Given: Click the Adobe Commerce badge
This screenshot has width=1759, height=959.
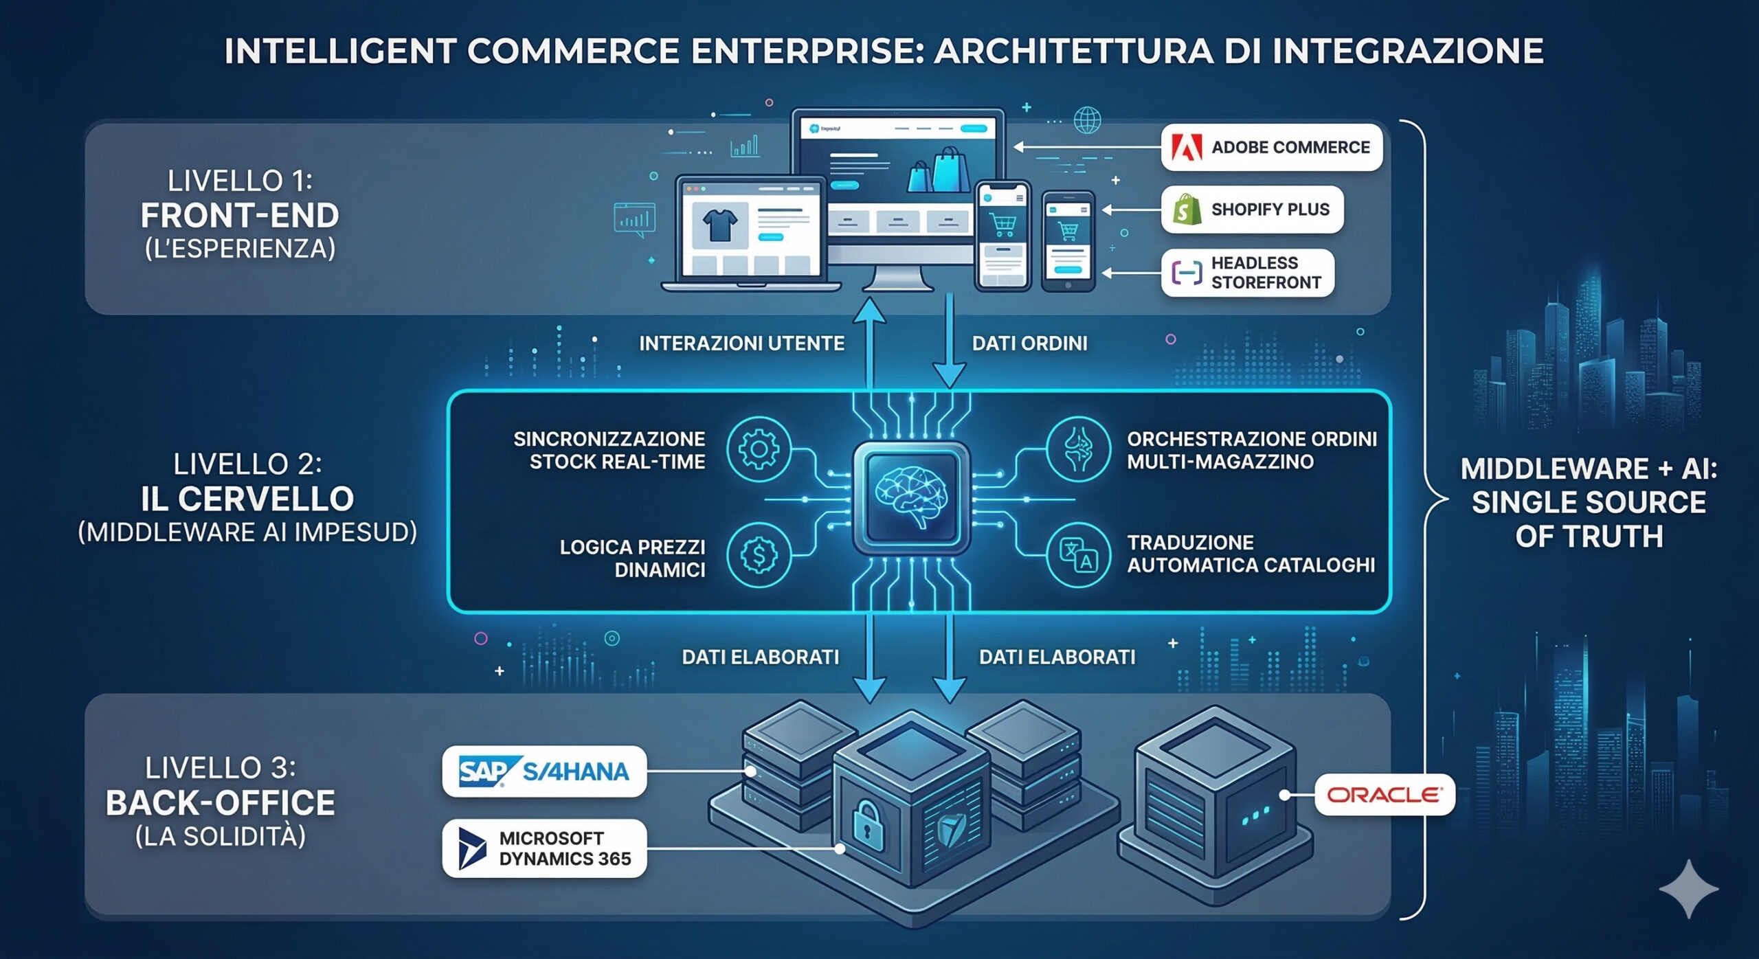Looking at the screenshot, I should pyautogui.click(x=1271, y=147).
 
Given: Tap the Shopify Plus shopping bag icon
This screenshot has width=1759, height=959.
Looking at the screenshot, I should pyautogui.click(x=1187, y=210).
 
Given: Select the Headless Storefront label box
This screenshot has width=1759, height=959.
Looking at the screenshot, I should pyautogui.click(x=1248, y=273).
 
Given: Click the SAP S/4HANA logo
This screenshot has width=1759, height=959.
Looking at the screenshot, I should pyautogui.click(x=544, y=771).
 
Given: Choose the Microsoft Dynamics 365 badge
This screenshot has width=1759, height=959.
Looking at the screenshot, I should pyautogui.click(x=544, y=848).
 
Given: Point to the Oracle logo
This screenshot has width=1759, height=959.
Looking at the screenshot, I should pyautogui.click(x=1384, y=795).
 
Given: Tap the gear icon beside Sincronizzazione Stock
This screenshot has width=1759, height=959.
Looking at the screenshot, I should pyautogui.click(x=759, y=449).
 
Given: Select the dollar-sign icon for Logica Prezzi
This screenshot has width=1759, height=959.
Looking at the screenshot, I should pyautogui.click(x=759, y=555).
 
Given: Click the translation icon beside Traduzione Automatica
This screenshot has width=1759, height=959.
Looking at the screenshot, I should pyautogui.click(x=1077, y=555).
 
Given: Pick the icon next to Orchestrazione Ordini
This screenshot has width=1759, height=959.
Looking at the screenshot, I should pyautogui.click(x=1077, y=449).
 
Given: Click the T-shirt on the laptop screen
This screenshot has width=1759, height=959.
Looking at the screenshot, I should pyautogui.click(x=719, y=224).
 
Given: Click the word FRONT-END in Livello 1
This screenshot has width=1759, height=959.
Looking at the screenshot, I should pyautogui.click(x=240, y=216).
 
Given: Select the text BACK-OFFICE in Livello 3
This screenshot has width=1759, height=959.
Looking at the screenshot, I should pyautogui.click(x=221, y=802).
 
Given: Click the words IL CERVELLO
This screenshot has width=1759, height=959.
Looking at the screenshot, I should pyautogui.click(x=247, y=499).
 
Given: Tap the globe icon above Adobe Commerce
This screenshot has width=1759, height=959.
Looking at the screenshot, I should pyautogui.click(x=1087, y=121).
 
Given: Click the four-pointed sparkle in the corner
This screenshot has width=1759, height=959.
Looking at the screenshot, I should pyautogui.click(x=1688, y=888).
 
